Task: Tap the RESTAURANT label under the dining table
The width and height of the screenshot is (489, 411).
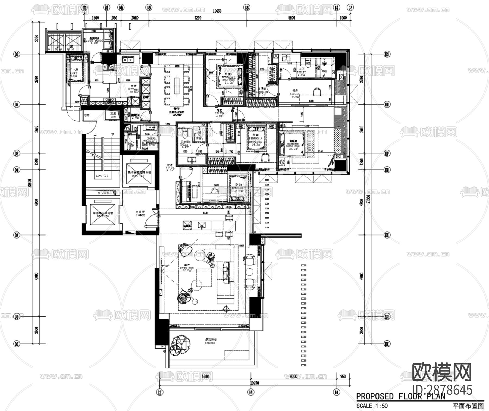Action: click(x=177, y=112)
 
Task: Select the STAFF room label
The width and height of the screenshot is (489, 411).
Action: click(x=74, y=73)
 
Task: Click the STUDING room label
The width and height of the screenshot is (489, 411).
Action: click(x=295, y=94)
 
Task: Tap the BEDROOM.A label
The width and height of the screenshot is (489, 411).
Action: click(x=256, y=138)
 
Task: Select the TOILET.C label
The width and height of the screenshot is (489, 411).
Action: click(x=186, y=145)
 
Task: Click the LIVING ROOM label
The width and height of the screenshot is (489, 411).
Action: click(x=187, y=268)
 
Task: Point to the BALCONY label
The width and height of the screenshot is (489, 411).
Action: click(x=210, y=343)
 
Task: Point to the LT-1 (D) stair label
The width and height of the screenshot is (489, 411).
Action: click(x=102, y=176)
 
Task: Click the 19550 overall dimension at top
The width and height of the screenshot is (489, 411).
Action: click(x=217, y=11)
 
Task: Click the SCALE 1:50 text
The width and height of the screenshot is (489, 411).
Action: click(x=372, y=406)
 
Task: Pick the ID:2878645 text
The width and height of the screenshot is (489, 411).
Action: click(x=442, y=390)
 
